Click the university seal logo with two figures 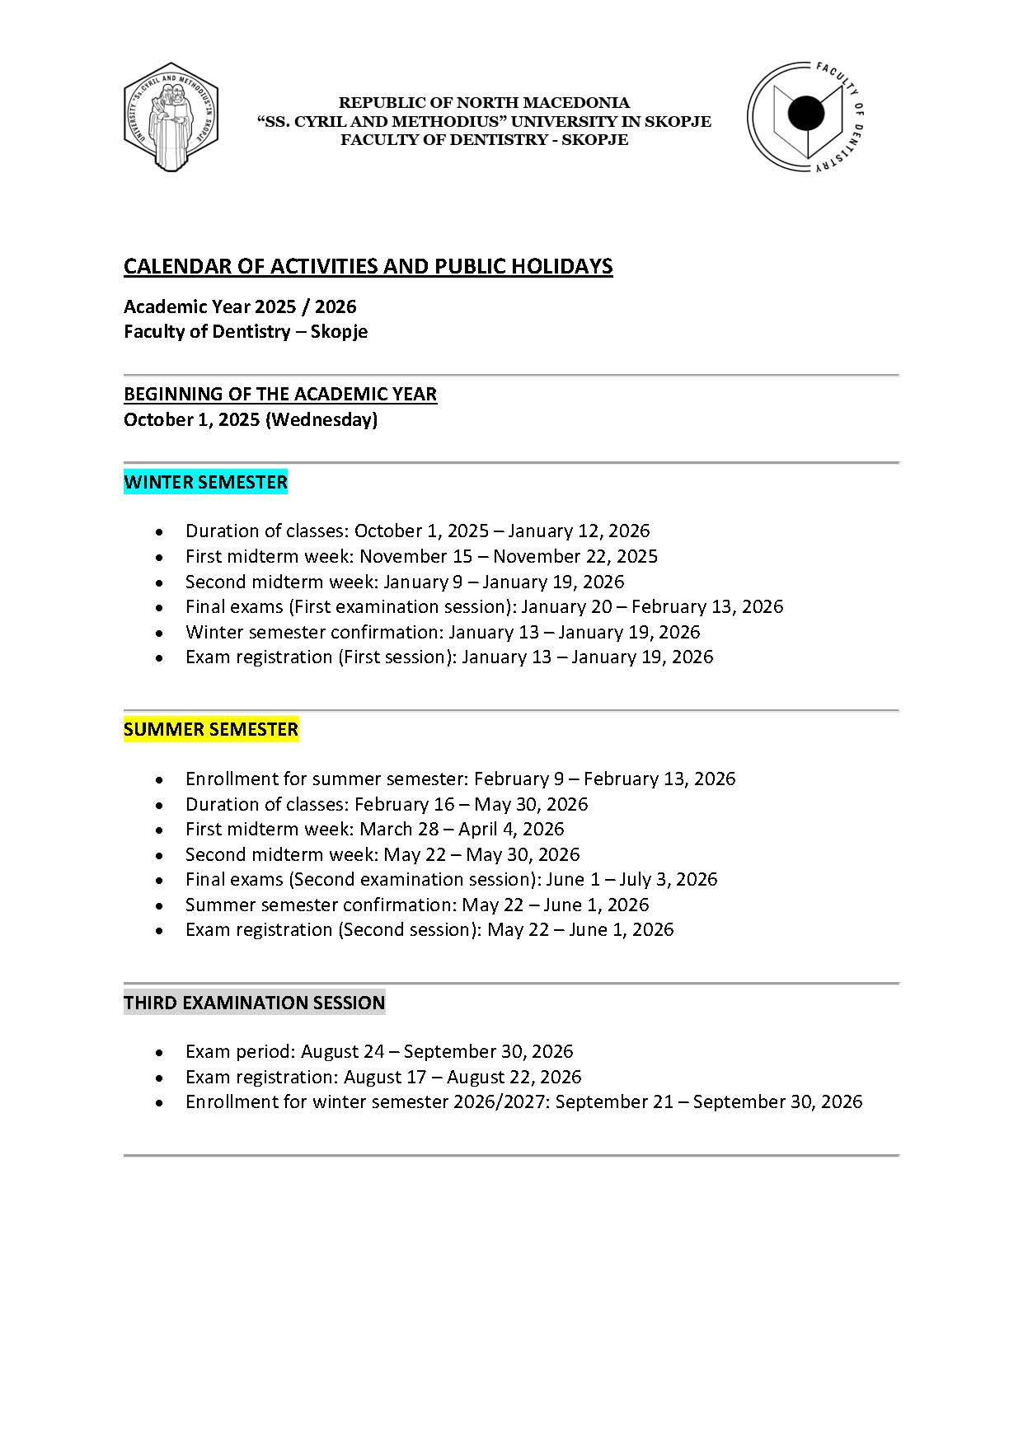(x=171, y=117)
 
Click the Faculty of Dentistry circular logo (x=805, y=116)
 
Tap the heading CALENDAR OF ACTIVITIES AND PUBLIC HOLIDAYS (x=368, y=266)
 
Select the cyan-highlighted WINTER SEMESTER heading (x=205, y=482)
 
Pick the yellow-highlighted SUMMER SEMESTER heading (x=211, y=729)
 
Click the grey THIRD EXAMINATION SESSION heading (x=254, y=1003)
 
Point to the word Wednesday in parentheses (x=321, y=419)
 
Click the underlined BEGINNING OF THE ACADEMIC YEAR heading (x=279, y=394)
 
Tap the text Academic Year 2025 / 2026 (x=240, y=306)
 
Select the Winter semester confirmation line (x=442, y=632)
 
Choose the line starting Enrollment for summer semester (x=460, y=779)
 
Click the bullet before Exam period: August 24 (x=159, y=1052)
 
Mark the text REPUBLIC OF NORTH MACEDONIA (x=484, y=103)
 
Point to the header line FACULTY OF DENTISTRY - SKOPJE (x=484, y=140)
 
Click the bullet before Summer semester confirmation (x=159, y=905)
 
